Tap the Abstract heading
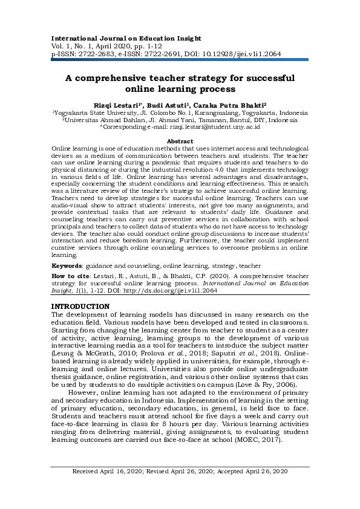180,141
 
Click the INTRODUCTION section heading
81,306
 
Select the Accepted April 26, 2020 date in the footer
255,488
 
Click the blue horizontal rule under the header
180,60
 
